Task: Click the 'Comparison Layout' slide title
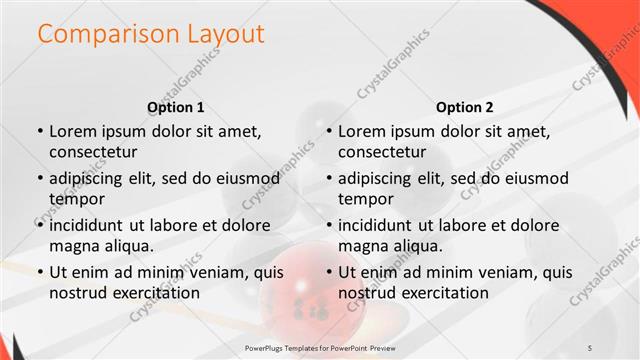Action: [x=151, y=34]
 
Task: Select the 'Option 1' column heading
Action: [x=176, y=107]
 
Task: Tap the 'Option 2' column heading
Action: [x=465, y=107]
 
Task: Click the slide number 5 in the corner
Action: [x=590, y=346]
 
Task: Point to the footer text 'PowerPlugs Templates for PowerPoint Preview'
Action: [x=320, y=346]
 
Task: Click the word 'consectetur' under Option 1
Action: [x=93, y=152]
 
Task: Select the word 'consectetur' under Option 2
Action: [x=382, y=152]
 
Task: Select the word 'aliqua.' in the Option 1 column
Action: [x=127, y=246]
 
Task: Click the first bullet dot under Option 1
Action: [x=40, y=131]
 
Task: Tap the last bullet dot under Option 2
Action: [x=329, y=271]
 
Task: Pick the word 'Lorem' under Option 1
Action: [x=72, y=131]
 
